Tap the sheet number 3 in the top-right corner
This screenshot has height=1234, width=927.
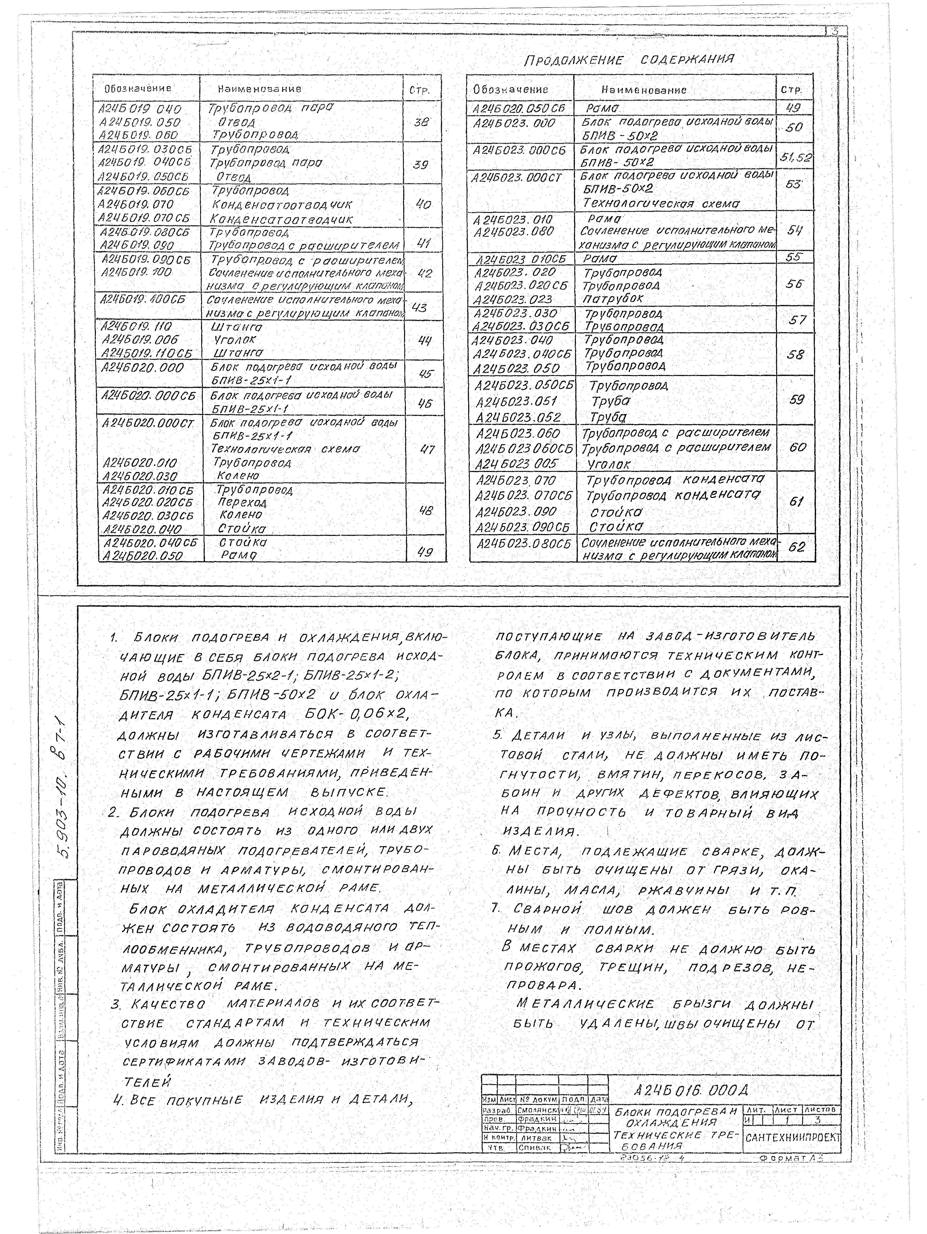coord(835,31)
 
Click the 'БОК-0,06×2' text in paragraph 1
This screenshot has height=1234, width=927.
coord(357,714)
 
